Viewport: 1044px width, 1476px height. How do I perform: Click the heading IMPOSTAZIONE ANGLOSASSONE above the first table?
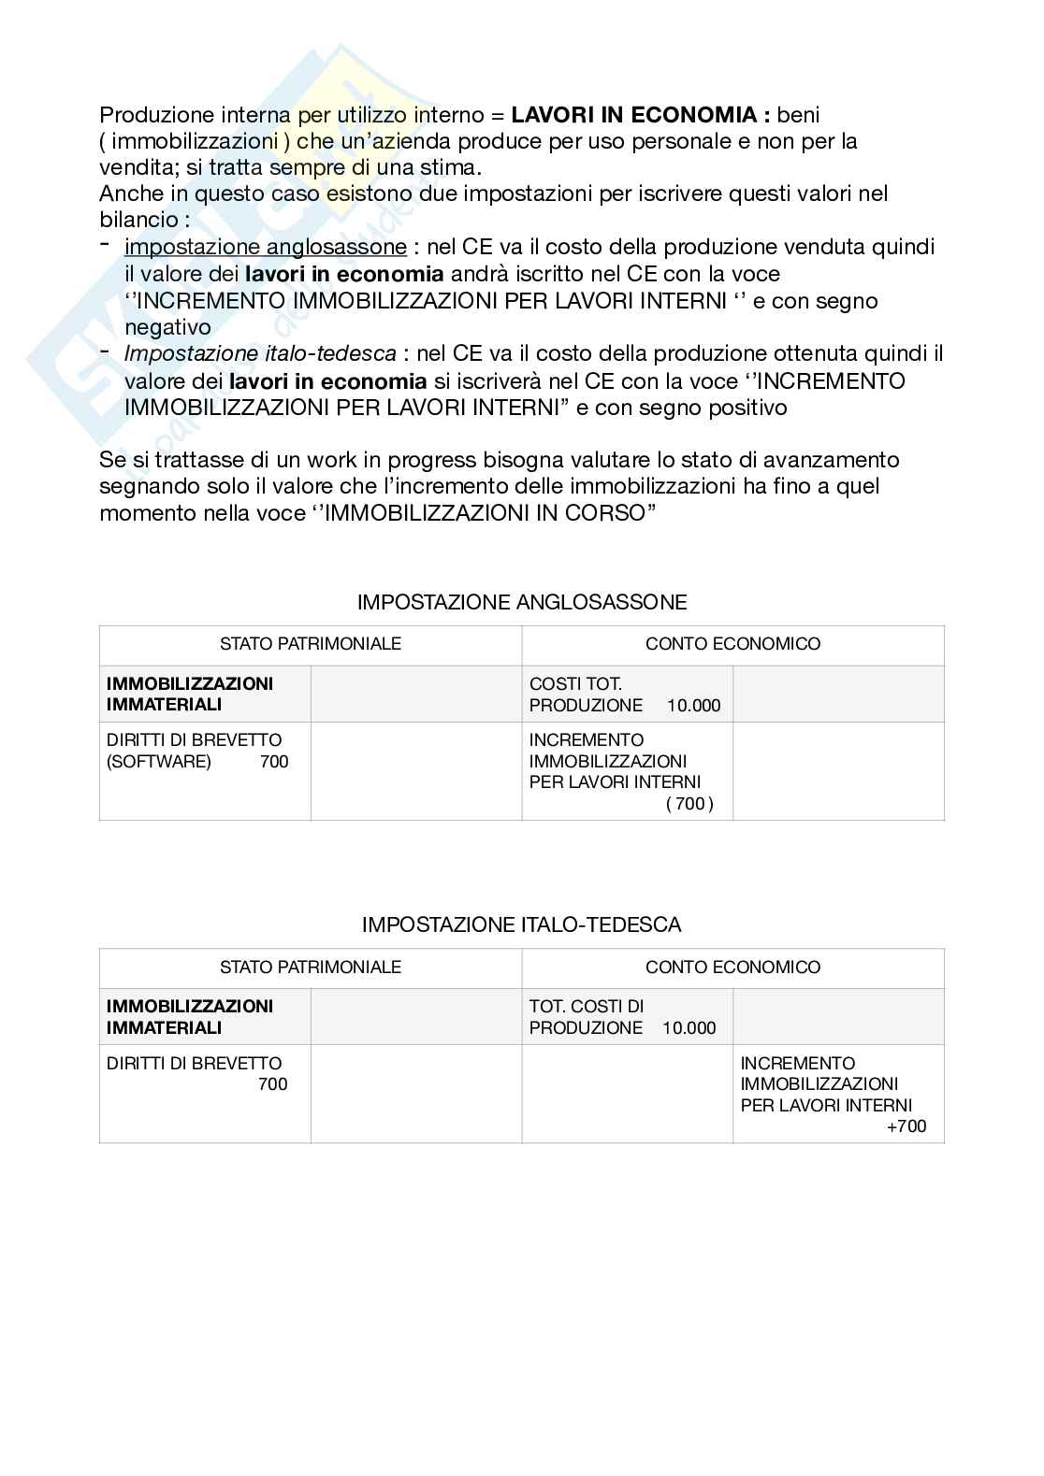pos(522,602)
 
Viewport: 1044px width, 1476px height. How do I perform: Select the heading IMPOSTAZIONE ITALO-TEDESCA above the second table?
pos(522,924)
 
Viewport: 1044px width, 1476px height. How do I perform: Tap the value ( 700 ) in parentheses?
pos(689,803)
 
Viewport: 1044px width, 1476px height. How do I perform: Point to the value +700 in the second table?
pos(906,1126)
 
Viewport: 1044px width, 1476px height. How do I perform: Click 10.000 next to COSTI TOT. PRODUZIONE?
pos(693,705)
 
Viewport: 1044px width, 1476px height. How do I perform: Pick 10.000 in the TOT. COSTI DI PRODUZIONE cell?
pos(689,1028)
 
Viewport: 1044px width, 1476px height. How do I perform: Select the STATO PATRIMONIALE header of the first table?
pos(311,643)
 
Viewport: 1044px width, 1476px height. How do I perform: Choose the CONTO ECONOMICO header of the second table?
pos(732,967)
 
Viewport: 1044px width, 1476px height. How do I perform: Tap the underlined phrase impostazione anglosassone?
pos(266,247)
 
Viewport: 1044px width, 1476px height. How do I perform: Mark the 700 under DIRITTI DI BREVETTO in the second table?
pos(273,1084)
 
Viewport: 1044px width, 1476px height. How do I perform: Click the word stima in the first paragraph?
pos(452,168)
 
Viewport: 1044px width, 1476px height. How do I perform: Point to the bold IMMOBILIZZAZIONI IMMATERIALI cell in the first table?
pos(190,694)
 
